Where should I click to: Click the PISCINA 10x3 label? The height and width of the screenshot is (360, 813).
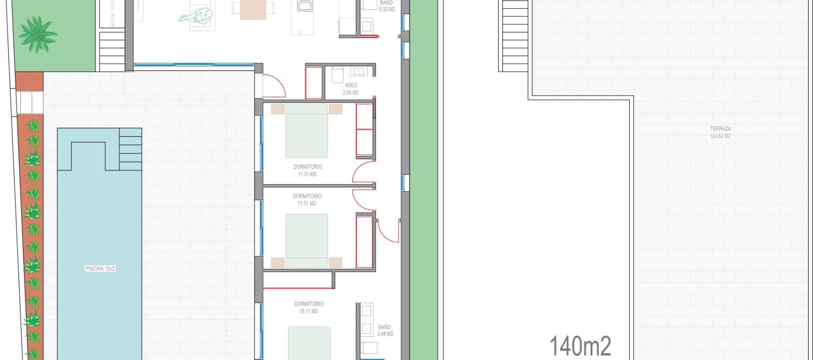(x=100, y=269)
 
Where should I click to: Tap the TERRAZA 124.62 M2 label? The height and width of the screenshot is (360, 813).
(x=720, y=132)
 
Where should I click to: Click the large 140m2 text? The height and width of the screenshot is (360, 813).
(x=580, y=346)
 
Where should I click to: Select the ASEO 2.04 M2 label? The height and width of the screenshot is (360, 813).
(x=351, y=89)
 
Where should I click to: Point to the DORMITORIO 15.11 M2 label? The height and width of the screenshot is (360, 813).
(x=309, y=307)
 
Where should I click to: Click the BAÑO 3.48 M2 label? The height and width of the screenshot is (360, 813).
(x=385, y=330)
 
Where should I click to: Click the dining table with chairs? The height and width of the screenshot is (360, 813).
(x=253, y=9)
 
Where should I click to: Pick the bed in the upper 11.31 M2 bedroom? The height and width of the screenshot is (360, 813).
(x=307, y=131)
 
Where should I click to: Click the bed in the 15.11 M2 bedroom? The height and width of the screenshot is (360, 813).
(x=310, y=343)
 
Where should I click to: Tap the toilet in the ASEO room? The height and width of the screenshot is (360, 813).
(x=337, y=75)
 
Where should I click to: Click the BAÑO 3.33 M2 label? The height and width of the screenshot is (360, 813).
(x=387, y=6)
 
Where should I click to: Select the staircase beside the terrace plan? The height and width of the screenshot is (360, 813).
(x=515, y=36)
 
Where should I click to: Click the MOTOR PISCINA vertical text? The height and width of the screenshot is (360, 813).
(x=113, y=14)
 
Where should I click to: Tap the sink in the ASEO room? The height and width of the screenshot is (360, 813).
(x=358, y=72)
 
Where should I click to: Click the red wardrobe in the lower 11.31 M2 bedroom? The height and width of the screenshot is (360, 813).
(x=364, y=242)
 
